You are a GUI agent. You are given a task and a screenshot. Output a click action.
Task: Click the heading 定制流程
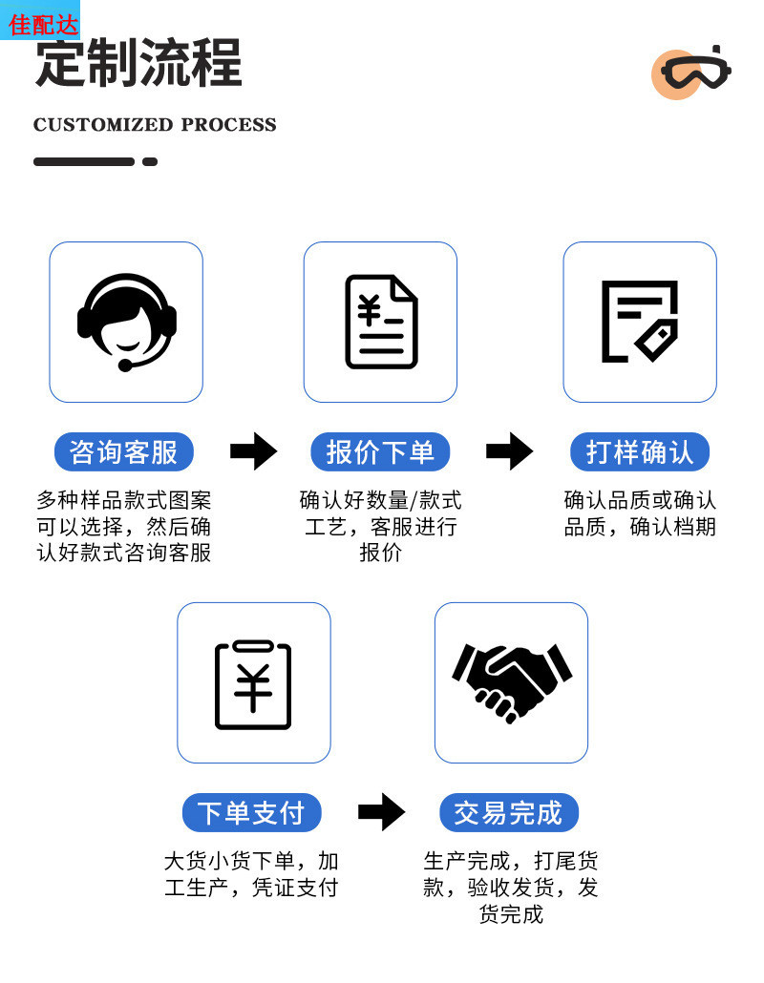click(138, 64)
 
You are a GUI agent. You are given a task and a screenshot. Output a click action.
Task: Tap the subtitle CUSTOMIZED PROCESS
click(155, 125)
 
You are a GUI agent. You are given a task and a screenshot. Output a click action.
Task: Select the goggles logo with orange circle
click(691, 72)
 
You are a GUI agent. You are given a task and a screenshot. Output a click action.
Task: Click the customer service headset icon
click(126, 322)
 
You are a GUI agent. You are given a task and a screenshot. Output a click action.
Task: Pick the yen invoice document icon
click(381, 322)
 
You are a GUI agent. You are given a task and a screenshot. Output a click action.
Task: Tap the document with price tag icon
click(639, 322)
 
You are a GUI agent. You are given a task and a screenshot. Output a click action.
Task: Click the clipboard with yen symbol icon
click(253, 683)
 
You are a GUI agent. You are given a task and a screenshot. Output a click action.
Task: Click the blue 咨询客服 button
click(124, 451)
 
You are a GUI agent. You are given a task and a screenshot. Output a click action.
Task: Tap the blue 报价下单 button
click(380, 451)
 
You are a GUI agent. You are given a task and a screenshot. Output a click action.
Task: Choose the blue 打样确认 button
click(640, 451)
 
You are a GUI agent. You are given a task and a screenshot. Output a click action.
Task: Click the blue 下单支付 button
click(251, 812)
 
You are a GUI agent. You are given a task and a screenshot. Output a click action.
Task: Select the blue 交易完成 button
click(508, 812)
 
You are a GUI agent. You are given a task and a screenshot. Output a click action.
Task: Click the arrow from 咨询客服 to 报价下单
click(253, 451)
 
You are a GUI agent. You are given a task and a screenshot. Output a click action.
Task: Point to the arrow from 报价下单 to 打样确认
click(509, 451)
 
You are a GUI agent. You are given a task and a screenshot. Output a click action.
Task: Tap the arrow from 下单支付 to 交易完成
click(381, 812)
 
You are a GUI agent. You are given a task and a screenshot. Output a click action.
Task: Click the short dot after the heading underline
click(150, 162)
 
